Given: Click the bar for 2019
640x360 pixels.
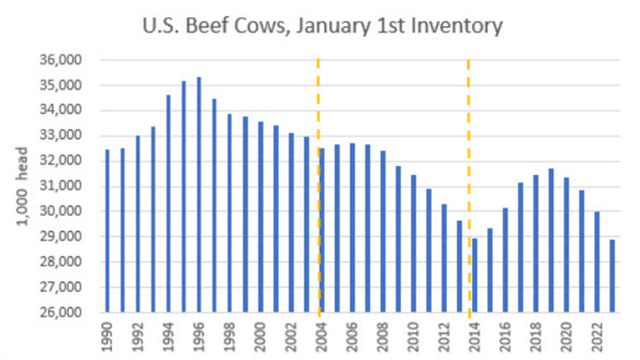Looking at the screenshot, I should [551, 240].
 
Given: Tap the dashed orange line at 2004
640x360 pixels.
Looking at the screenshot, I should [318, 102].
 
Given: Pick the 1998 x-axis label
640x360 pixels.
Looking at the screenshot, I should [230, 337].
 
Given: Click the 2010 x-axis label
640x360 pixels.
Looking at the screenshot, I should [414, 337].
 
